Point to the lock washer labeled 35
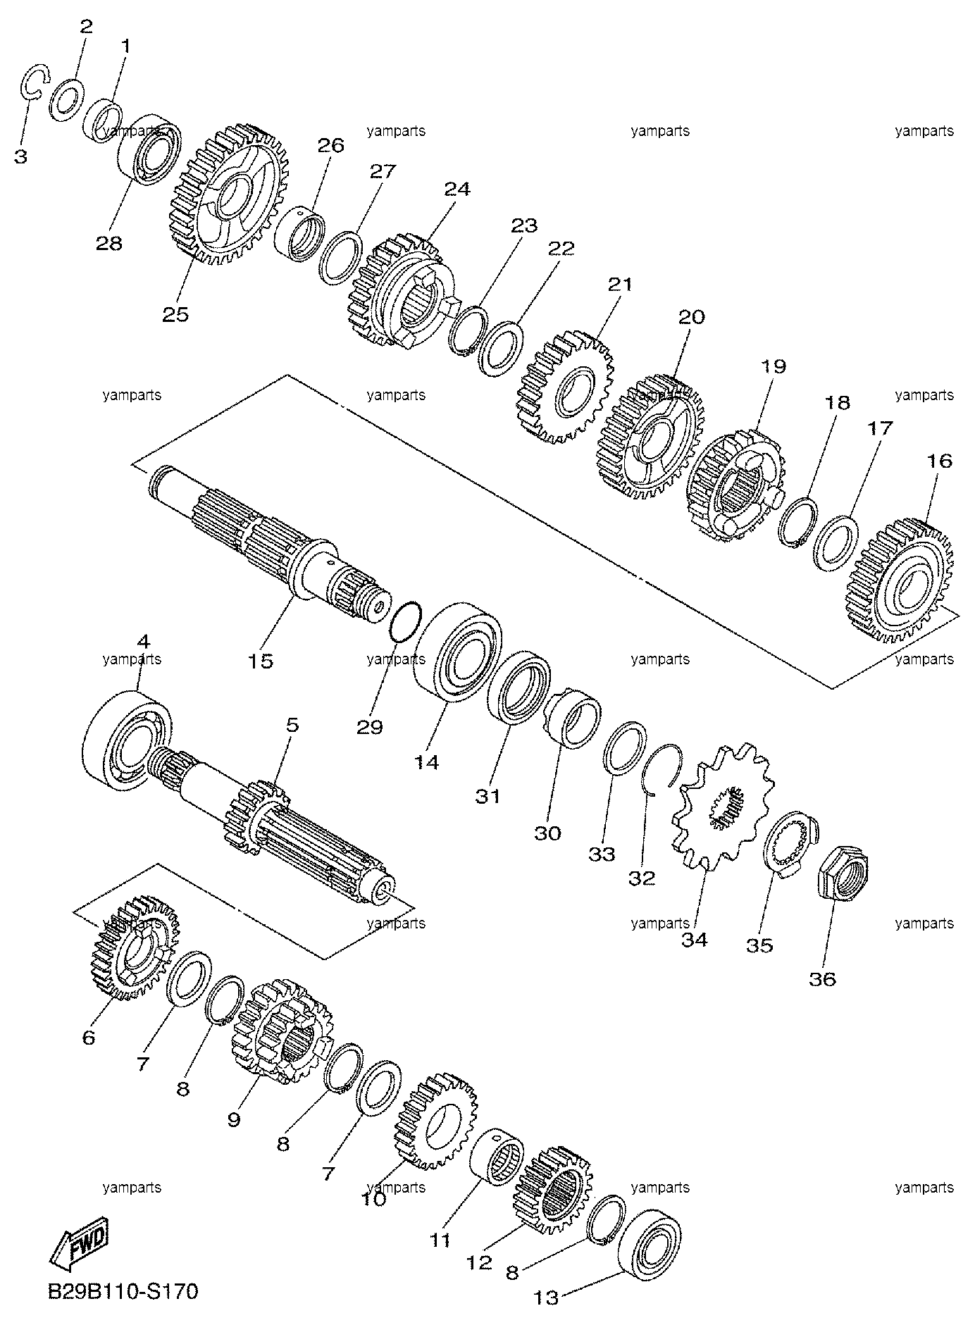pyautogui.click(x=791, y=844)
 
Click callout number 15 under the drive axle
pyautogui.click(x=261, y=661)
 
